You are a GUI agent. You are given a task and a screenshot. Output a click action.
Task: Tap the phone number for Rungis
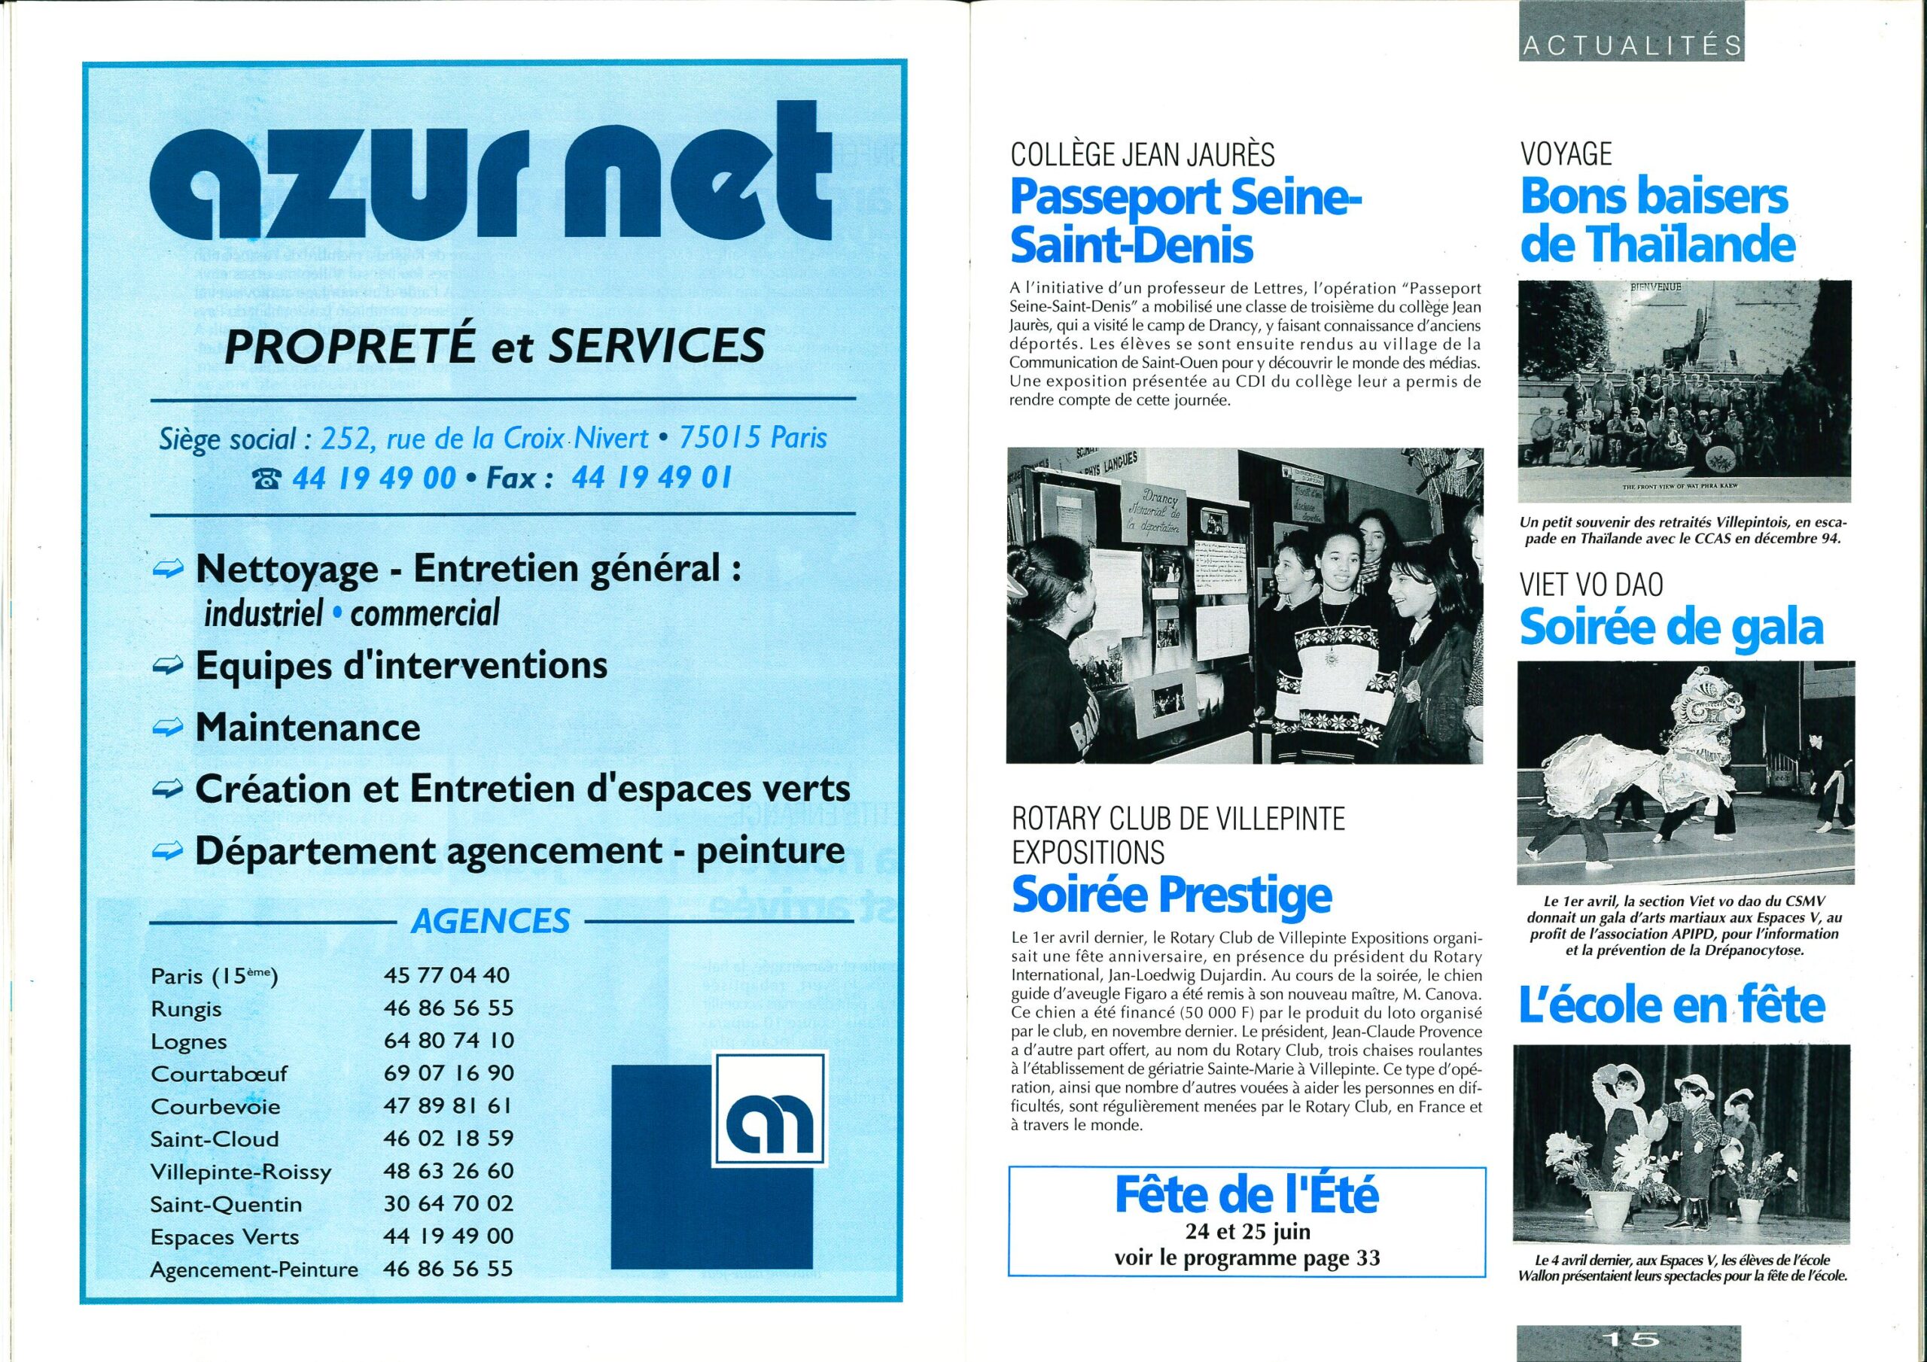[447, 1008]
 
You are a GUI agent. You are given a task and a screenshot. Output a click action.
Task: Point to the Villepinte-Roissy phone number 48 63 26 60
[447, 1171]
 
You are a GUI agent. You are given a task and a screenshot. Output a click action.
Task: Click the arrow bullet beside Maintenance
[168, 728]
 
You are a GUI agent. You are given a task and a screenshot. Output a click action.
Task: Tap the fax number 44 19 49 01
[651, 479]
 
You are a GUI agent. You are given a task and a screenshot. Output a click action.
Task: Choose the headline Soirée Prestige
[1172, 895]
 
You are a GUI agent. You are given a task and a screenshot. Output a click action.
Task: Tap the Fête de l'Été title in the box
[1247, 1195]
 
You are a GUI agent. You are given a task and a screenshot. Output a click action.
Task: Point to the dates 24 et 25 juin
[1247, 1232]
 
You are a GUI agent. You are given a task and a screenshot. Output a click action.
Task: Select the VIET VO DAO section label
[1591, 585]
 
